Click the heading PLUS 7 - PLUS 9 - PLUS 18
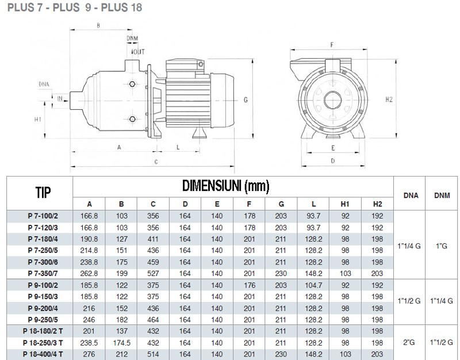tap(75, 8)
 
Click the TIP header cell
tap(40, 192)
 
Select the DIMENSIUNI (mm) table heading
tap(225, 186)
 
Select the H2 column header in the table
tap(377, 204)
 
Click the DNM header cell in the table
tap(442, 195)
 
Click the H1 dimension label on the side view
tap(37, 120)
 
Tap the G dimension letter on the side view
tap(245, 99)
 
